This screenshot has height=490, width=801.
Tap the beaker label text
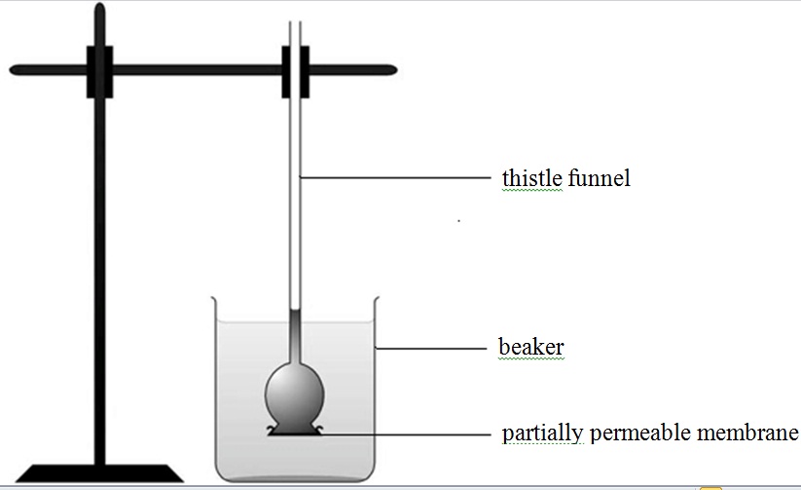pyautogui.click(x=530, y=347)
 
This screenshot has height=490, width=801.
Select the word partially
pyautogui.click(x=540, y=433)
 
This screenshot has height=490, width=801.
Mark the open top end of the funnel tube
pyautogui.click(x=295, y=22)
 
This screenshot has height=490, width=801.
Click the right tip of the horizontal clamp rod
pyautogui.click(x=392, y=70)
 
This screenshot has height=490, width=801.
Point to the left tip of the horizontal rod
pyautogui.click(x=14, y=70)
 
